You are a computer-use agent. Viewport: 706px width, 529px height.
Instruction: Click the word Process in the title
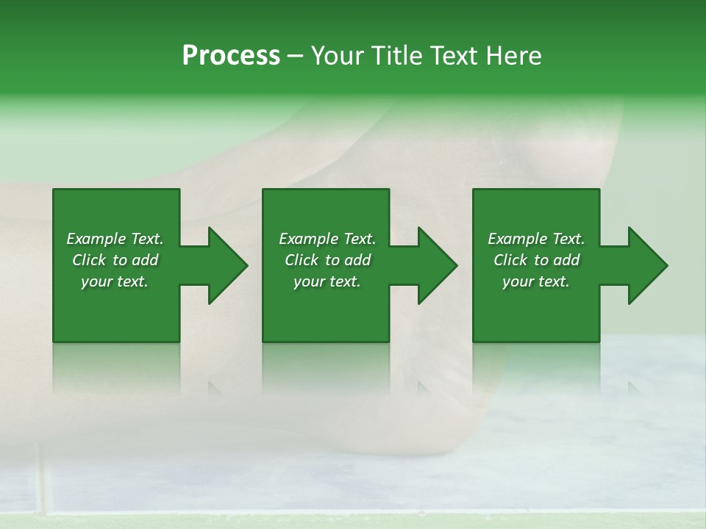click(x=231, y=56)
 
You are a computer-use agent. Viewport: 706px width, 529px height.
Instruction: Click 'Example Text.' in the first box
click(x=115, y=239)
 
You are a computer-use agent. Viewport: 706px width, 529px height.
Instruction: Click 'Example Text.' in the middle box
click(x=327, y=239)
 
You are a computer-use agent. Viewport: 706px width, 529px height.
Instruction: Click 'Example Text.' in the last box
click(x=536, y=239)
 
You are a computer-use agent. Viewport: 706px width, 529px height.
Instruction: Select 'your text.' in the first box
click(x=115, y=281)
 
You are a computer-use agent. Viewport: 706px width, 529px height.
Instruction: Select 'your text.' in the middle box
click(x=327, y=281)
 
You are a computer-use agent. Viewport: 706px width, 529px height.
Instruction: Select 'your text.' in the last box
click(x=536, y=281)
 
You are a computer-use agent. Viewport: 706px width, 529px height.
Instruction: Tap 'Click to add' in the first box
click(x=115, y=260)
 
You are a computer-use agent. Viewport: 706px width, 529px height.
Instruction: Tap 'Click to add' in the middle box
click(x=327, y=260)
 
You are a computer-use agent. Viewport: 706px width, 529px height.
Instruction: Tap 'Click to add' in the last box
click(x=536, y=260)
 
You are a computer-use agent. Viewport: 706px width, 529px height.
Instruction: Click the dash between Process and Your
click(x=295, y=57)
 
